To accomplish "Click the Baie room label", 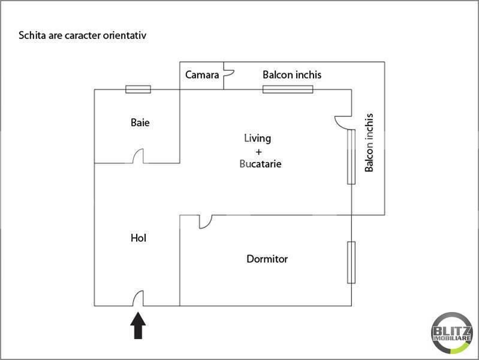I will [140, 123].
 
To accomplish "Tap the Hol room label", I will [138, 238].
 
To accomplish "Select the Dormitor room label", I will [267, 259].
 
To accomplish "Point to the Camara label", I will [202, 75].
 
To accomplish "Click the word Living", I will [257, 138].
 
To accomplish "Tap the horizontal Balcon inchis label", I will [292, 75].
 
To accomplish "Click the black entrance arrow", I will [138, 326].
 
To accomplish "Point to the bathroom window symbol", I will [138, 89].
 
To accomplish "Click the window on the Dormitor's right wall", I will [351, 262].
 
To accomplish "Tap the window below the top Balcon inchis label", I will [288, 90].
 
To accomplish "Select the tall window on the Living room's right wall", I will [351, 157].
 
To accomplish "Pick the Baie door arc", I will [138, 157].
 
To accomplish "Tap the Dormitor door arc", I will [204, 222].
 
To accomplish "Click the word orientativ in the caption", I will [124, 35].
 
